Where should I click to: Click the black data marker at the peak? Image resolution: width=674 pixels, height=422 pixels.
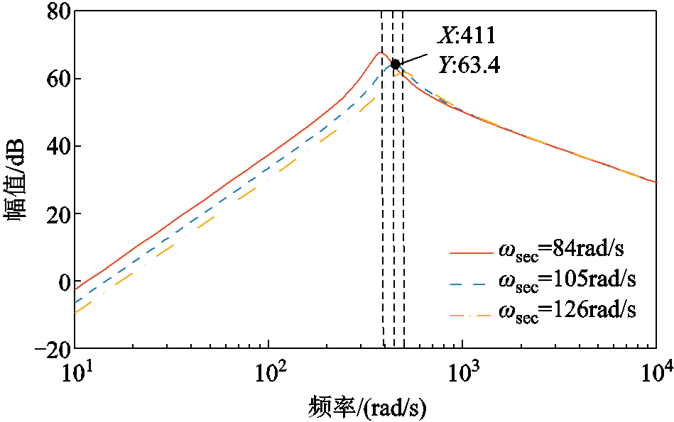[396, 64]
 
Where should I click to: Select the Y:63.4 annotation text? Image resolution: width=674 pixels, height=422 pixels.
[469, 65]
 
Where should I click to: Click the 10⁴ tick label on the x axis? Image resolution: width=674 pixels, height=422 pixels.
[656, 372]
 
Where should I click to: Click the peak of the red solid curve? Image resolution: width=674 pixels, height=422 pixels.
[381, 52]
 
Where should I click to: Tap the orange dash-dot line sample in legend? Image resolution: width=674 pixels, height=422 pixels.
[470, 312]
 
